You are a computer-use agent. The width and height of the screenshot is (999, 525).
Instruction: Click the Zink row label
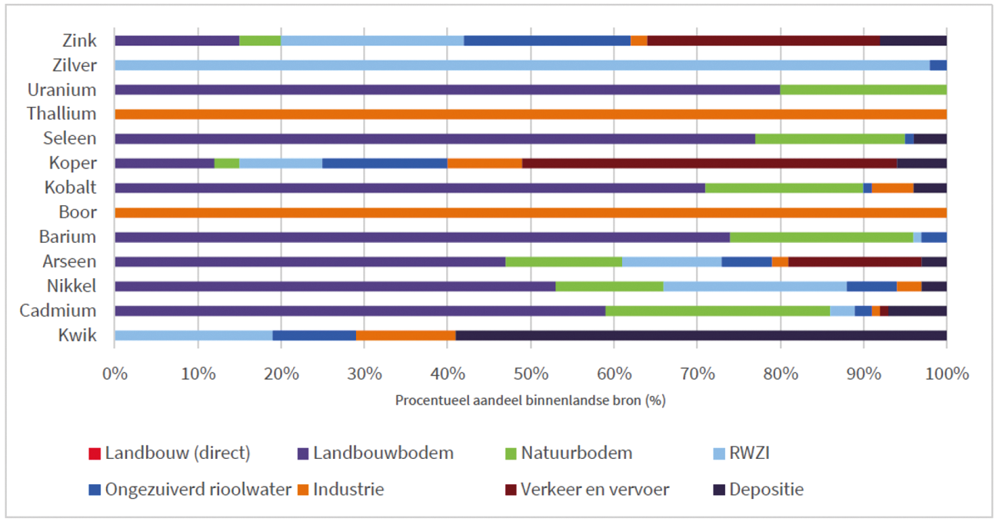click(x=80, y=41)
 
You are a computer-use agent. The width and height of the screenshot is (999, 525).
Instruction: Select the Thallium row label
click(x=62, y=114)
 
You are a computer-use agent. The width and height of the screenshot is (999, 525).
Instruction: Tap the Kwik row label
click(x=78, y=336)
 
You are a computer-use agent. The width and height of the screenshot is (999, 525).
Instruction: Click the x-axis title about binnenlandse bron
click(x=530, y=400)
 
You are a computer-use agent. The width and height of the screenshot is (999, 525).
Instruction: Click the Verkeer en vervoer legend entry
click(x=594, y=489)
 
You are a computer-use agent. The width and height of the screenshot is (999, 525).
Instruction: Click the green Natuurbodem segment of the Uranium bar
click(x=863, y=90)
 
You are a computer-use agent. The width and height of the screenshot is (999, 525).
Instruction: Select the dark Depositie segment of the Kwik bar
click(x=701, y=336)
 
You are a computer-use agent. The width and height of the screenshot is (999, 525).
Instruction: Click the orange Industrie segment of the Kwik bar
click(x=406, y=336)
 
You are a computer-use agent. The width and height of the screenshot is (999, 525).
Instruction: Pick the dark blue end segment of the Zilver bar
click(x=938, y=65)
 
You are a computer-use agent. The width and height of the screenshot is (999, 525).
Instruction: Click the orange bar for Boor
click(x=531, y=213)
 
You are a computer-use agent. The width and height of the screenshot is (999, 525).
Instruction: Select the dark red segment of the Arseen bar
click(x=854, y=262)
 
